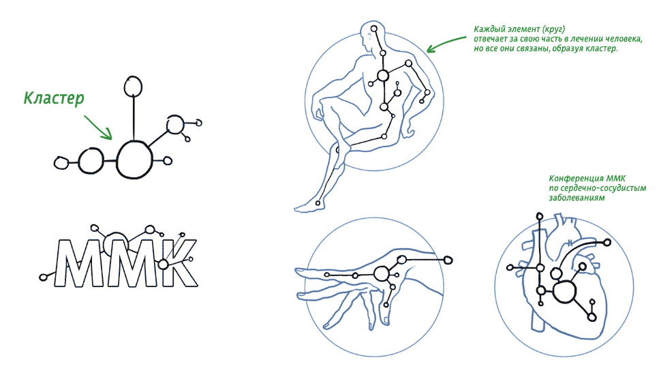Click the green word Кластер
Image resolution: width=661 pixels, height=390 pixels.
click(x=54, y=97)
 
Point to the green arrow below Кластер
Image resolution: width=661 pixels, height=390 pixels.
click(x=99, y=127)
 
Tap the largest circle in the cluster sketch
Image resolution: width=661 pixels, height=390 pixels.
click(x=134, y=160)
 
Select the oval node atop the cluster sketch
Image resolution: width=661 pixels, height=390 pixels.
click(x=133, y=87)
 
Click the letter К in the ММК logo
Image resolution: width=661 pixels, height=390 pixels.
click(x=177, y=263)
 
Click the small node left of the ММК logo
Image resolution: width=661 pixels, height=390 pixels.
click(x=42, y=277)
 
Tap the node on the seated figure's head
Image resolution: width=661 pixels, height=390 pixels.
click(x=374, y=29)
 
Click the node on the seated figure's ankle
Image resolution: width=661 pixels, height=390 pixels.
click(x=318, y=203)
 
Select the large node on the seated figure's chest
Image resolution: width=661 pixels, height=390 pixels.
click(x=383, y=76)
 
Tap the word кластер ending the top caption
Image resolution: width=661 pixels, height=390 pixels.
click(x=603, y=48)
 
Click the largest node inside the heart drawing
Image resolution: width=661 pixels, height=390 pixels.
click(x=564, y=292)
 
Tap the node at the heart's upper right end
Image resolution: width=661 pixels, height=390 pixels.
click(x=607, y=243)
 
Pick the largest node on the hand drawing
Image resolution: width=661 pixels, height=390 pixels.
click(x=382, y=273)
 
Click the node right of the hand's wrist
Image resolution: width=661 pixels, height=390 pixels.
click(x=448, y=260)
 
